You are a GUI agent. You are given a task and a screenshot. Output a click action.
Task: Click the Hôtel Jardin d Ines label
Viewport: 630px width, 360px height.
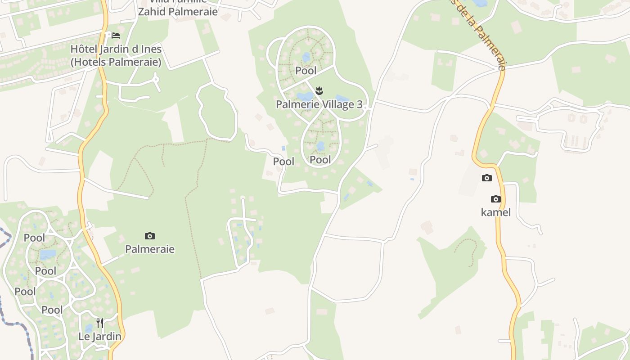[116, 49]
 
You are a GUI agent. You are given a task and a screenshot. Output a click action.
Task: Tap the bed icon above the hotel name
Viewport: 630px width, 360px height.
[116, 35]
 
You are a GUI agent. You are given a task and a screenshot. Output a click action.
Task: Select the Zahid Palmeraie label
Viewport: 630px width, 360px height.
[177, 12]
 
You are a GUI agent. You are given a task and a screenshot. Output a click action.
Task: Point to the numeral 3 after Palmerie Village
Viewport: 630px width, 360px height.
[360, 104]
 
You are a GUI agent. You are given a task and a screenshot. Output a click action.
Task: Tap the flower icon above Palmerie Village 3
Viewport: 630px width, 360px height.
[319, 90]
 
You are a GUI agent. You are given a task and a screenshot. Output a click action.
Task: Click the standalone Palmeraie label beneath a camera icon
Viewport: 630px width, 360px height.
[150, 249]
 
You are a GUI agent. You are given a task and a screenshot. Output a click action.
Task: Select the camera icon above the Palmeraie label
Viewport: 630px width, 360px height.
[150, 236]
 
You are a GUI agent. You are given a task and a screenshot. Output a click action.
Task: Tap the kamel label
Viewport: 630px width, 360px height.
[495, 212]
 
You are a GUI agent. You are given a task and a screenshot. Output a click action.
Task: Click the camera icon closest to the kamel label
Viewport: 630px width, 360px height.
[495, 199]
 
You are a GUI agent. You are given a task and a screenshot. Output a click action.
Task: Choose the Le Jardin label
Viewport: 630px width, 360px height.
[100, 336]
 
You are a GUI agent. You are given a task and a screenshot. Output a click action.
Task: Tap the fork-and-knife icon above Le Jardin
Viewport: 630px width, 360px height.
[100, 323]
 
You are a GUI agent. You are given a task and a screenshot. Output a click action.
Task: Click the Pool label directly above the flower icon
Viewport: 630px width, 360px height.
[306, 71]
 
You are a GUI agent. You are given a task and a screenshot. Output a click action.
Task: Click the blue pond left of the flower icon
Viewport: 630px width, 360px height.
[305, 96]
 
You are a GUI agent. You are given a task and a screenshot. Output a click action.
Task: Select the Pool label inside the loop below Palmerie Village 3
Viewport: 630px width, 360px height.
[320, 160]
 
